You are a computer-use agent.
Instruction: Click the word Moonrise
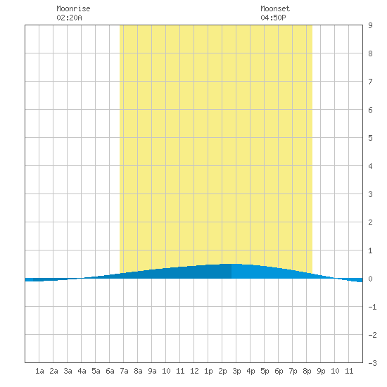tap(73, 8)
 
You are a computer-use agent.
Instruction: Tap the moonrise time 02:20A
tap(69, 18)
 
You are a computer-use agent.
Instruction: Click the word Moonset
tap(275, 8)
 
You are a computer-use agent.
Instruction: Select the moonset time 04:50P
tap(273, 18)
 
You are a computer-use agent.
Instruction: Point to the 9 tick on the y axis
tap(370, 25)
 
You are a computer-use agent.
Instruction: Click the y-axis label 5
tap(370, 138)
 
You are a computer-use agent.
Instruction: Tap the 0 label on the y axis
tap(370, 279)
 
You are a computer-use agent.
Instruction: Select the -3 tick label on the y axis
tap(372, 363)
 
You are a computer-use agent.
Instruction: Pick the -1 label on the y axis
tap(372, 307)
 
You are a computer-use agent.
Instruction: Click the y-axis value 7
tap(370, 82)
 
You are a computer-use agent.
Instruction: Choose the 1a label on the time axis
tap(39, 371)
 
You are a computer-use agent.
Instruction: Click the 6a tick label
tap(110, 371)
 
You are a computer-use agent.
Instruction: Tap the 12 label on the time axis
tap(194, 371)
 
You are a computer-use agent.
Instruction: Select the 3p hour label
tap(236, 371)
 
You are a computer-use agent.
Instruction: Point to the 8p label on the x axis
tap(307, 371)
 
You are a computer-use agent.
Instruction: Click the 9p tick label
tap(321, 371)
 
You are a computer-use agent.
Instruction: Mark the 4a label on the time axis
tap(82, 371)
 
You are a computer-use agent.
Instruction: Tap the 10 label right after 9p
tap(335, 371)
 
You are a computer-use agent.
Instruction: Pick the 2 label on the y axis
tap(370, 222)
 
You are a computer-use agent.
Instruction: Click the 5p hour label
tap(265, 371)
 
